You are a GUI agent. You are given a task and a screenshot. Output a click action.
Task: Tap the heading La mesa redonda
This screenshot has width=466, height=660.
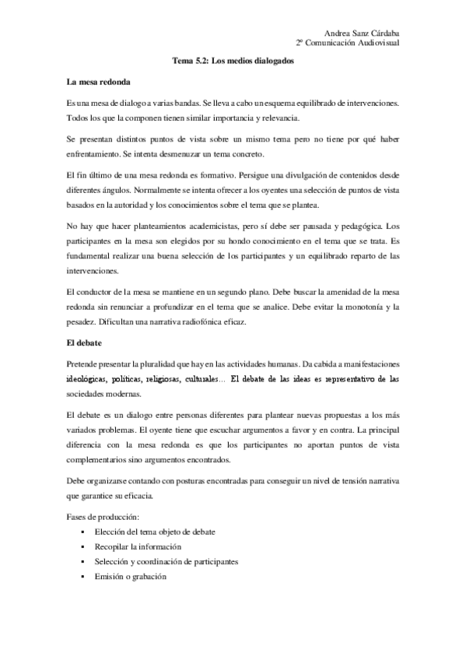click(x=99, y=82)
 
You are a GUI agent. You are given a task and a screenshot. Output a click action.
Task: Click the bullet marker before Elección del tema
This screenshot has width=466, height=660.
click(x=82, y=532)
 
